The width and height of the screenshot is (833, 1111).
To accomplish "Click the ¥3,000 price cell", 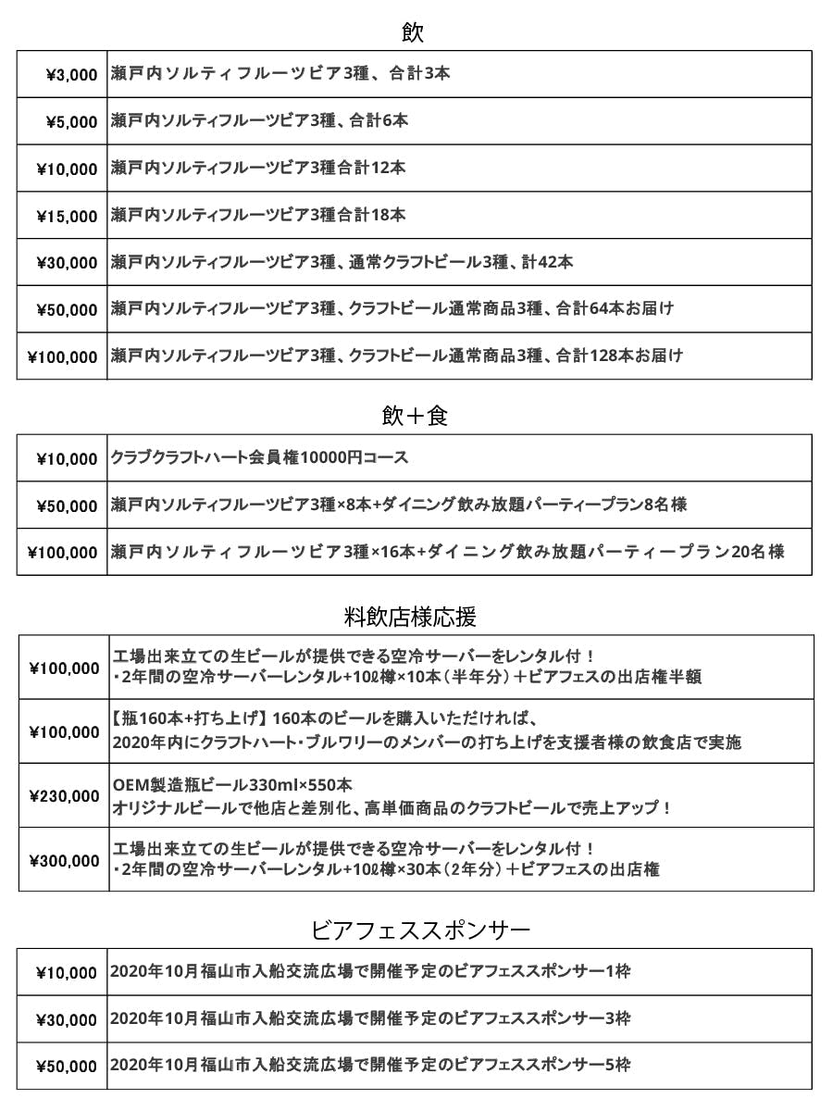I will (71, 75).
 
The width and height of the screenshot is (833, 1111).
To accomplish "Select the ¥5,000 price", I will (71, 121).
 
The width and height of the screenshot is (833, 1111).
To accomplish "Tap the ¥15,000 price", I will (67, 217).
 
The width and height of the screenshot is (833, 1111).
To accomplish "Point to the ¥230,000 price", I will (65, 796).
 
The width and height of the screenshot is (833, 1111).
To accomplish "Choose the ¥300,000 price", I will (65, 861).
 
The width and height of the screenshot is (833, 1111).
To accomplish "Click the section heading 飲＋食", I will (415, 417).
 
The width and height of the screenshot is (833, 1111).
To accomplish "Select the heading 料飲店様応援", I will (410, 616).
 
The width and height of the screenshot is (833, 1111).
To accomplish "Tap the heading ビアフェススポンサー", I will (421, 929).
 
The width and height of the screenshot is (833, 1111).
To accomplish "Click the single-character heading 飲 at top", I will (413, 33).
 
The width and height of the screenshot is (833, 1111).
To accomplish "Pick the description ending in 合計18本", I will (258, 215).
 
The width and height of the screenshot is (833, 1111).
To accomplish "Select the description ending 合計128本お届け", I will (397, 356).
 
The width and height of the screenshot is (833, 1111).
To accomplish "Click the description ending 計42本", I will (342, 262).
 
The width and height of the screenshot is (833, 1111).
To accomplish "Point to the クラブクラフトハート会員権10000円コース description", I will (259, 458).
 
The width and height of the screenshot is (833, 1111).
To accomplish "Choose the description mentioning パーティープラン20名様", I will (447, 552).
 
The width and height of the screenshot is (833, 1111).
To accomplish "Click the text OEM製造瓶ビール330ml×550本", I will (231, 785).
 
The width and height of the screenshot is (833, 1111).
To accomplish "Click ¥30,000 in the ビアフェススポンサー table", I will (67, 1020).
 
